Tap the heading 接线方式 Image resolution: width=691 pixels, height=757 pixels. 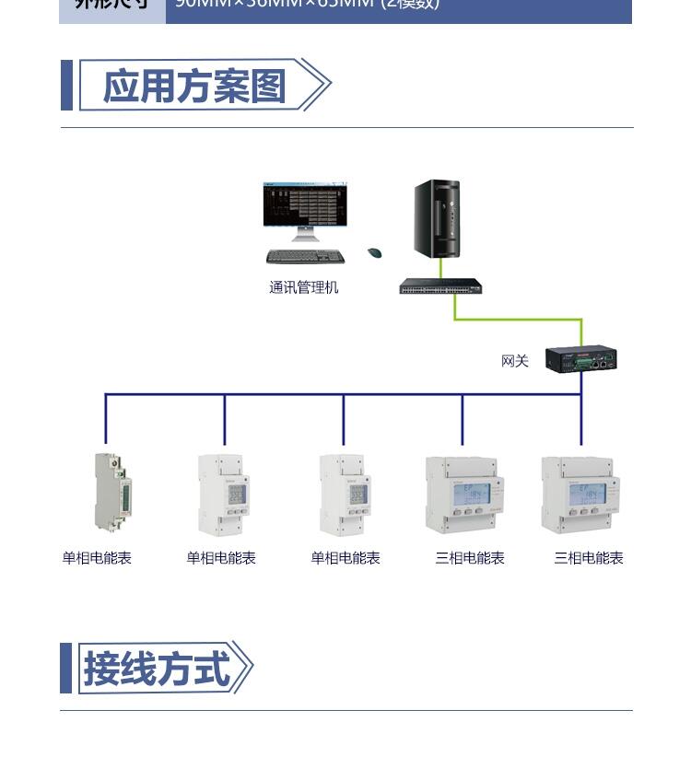point(157,669)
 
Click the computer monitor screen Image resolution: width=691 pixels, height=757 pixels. point(305,204)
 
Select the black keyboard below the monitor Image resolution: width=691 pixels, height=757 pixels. point(305,257)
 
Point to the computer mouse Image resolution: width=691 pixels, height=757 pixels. point(374,252)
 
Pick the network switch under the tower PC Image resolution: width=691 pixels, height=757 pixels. point(440,286)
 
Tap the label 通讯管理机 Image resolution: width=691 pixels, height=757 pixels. point(303,287)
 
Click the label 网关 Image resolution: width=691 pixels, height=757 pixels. point(514,361)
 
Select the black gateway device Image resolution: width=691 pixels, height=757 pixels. point(580,358)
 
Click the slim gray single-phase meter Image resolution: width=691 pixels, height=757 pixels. point(109,493)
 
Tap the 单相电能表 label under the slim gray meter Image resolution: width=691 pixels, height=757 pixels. point(97,558)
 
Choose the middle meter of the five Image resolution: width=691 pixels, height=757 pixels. point(344,495)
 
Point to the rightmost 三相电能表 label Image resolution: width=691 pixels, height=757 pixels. point(588,558)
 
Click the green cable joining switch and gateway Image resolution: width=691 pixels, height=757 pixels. point(516,320)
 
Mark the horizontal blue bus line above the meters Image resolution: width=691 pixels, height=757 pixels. point(341,394)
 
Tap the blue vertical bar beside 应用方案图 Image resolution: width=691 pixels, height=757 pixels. point(66,86)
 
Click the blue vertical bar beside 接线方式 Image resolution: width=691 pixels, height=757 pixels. point(65,669)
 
